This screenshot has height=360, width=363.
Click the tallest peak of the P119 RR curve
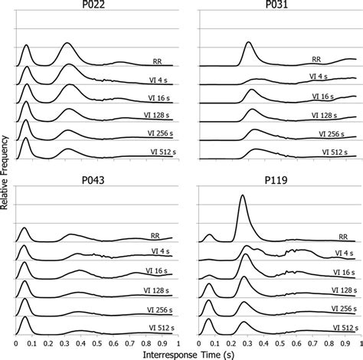tap(243, 197)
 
